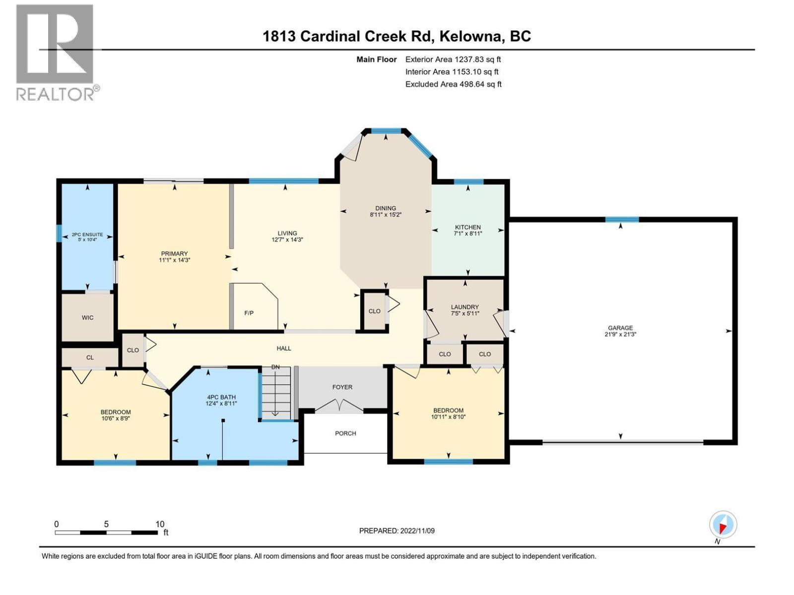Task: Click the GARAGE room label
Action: (x=620, y=328)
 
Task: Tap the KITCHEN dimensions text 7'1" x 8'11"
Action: (x=468, y=234)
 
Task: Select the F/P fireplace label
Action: (x=249, y=313)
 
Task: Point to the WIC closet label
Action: (x=88, y=318)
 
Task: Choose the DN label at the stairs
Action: (x=275, y=367)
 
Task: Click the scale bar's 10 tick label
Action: (x=160, y=524)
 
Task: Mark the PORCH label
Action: (x=345, y=433)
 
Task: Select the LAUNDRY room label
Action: (x=464, y=307)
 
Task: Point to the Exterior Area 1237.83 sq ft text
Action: (x=453, y=59)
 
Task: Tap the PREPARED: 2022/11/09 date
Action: (x=397, y=531)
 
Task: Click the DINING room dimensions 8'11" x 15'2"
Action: (x=386, y=215)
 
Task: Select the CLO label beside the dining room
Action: (x=374, y=311)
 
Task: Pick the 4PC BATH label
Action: (x=221, y=397)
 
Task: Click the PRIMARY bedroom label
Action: (x=174, y=254)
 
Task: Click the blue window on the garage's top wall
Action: (x=622, y=220)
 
